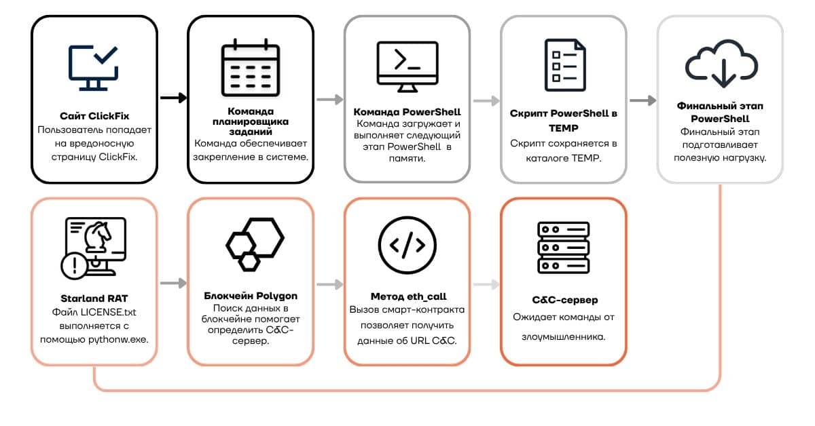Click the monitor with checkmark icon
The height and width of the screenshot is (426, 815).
click(94, 68)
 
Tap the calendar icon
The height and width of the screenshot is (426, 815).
click(251, 68)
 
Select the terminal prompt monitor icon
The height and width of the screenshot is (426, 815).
click(407, 67)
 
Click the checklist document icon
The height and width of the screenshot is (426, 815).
click(565, 65)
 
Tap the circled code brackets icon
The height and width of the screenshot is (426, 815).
click(407, 245)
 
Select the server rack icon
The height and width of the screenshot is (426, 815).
click(564, 248)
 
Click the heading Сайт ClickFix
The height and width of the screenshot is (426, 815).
click(94, 116)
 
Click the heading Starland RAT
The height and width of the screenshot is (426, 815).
click(94, 298)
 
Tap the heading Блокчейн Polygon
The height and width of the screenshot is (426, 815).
click(251, 296)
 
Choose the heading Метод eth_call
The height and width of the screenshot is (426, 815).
click(409, 296)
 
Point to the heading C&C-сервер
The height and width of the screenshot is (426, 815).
click(565, 300)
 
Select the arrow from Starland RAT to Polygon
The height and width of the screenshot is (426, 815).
click(174, 283)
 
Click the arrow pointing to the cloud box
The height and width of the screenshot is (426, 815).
click(643, 100)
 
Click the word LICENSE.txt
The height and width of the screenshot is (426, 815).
click(108, 312)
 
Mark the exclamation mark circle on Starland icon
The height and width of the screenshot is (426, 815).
click(75, 266)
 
